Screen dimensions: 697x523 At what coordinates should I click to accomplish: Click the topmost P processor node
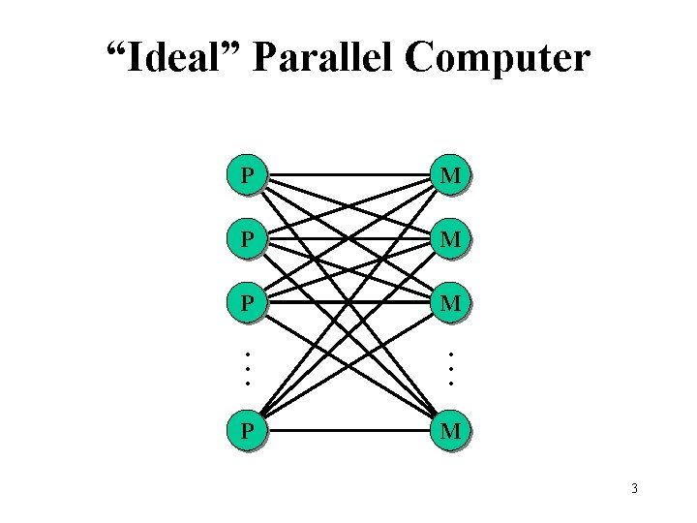click(249, 176)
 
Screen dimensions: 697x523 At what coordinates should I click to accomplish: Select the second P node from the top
click(249, 238)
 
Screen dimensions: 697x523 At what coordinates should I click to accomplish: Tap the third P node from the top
click(249, 303)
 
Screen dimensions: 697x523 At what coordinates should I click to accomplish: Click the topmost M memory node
click(450, 176)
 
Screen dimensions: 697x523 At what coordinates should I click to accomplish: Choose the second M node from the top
click(450, 238)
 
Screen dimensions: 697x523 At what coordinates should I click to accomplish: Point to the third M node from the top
click(450, 303)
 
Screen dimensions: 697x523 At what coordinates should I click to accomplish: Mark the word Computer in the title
click(498, 59)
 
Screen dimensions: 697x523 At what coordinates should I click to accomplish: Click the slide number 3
click(634, 488)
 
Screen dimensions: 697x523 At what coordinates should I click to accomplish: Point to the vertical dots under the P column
click(247, 367)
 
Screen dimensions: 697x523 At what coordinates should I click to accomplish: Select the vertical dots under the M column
click(450, 367)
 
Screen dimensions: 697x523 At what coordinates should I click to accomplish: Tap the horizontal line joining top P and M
click(319, 177)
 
